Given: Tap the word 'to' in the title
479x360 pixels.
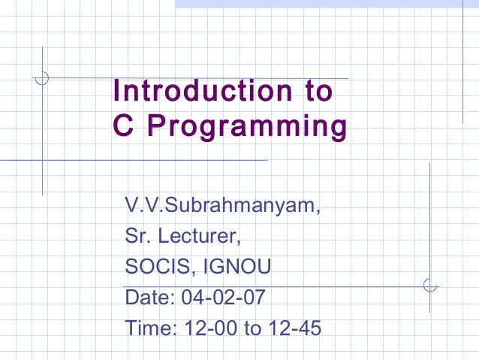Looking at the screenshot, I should click(x=313, y=91).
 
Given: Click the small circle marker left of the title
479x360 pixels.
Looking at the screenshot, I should click(x=44, y=77).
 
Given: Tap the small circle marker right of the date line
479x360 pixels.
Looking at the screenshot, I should click(x=429, y=286).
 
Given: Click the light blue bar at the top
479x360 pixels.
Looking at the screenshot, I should click(x=327, y=4).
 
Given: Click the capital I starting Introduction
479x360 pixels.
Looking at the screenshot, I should click(x=116, y=91).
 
